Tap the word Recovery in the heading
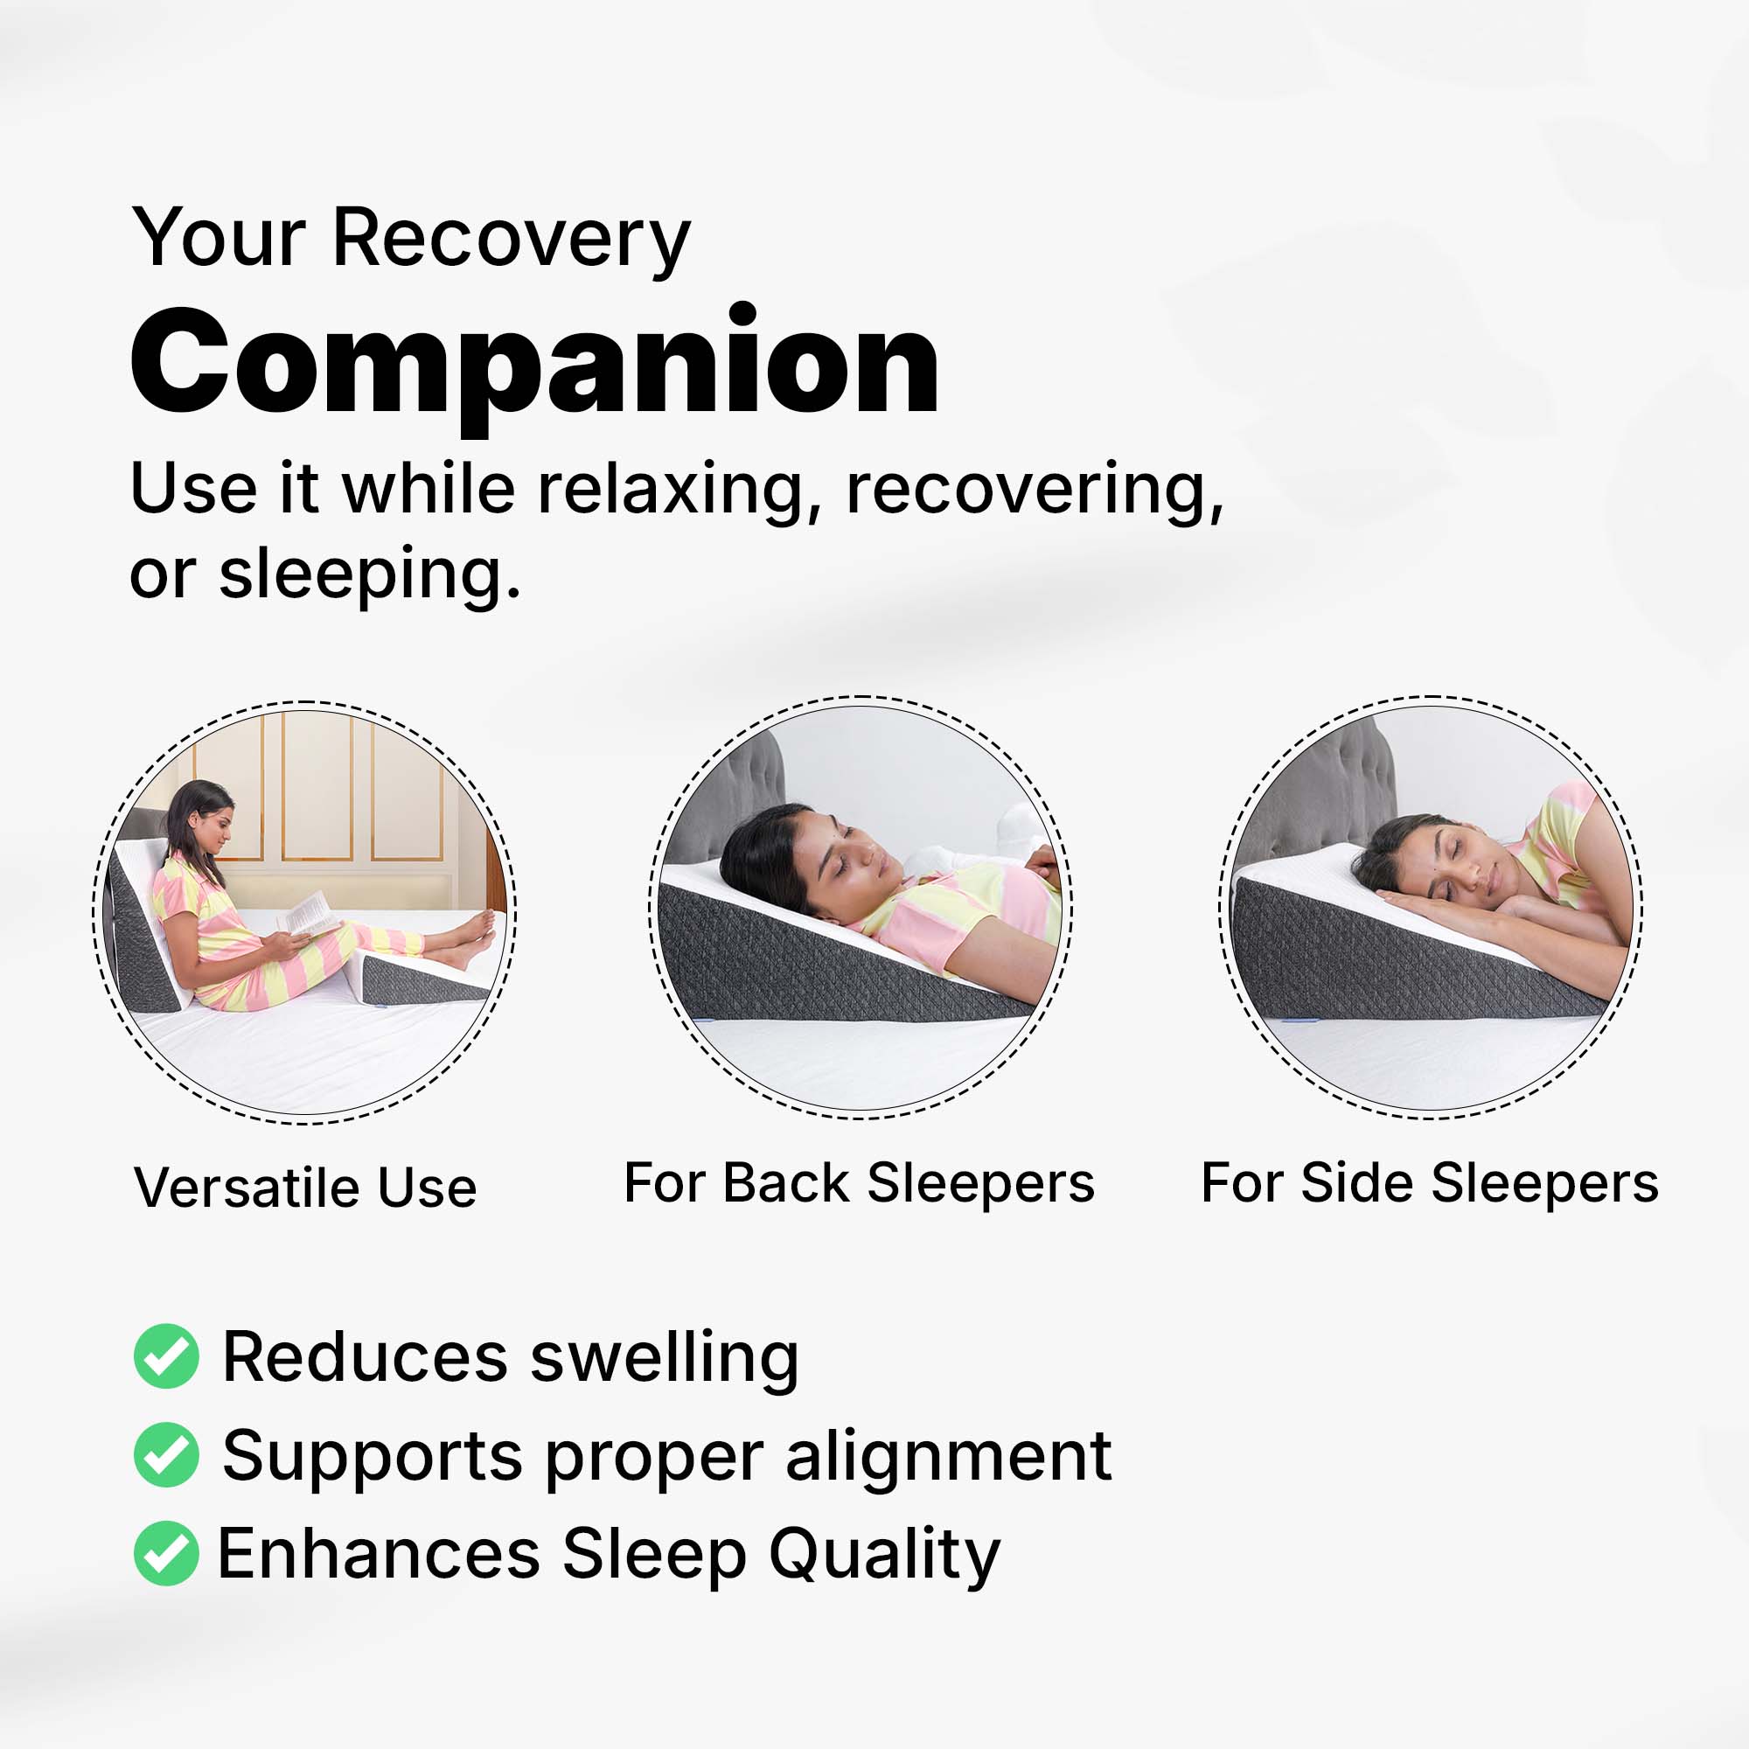[512, 240]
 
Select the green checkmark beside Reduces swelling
[165, 1356]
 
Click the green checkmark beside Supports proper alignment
[165, 1455]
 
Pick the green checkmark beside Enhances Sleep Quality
[165, 1553]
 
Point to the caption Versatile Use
[305, 1188]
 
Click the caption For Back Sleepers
[859, 1184]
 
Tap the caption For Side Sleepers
[1430, 1184]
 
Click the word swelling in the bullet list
[664, 1360]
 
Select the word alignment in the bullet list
[948, 1459]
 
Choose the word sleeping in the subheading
[370, 575]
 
